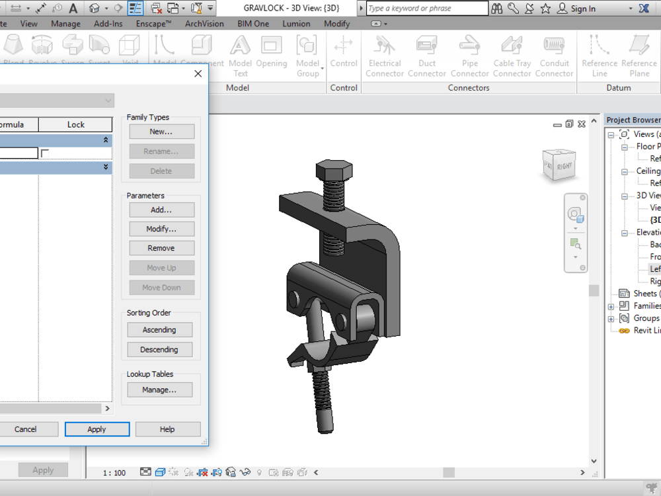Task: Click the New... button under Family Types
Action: (161, 132)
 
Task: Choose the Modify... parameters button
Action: (161, 229)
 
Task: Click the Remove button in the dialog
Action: (161, 248)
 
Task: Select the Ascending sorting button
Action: (159, 330)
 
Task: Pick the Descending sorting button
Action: (159, 349)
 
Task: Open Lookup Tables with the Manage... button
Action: (159, 390)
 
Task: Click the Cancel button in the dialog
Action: (26, 429)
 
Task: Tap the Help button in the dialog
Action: (167, 429)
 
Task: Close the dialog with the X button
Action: (198, 73)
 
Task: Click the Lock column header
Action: (75, 124)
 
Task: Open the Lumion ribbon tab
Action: (296, 24)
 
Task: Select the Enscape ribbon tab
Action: (154, 24)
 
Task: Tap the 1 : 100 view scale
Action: (114, 473)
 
